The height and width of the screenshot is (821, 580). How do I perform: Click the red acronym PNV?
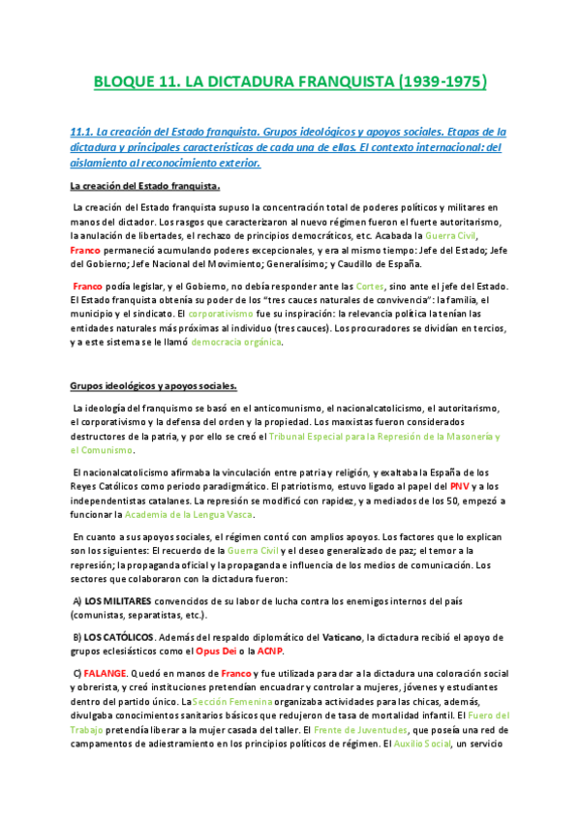(461, 486)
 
